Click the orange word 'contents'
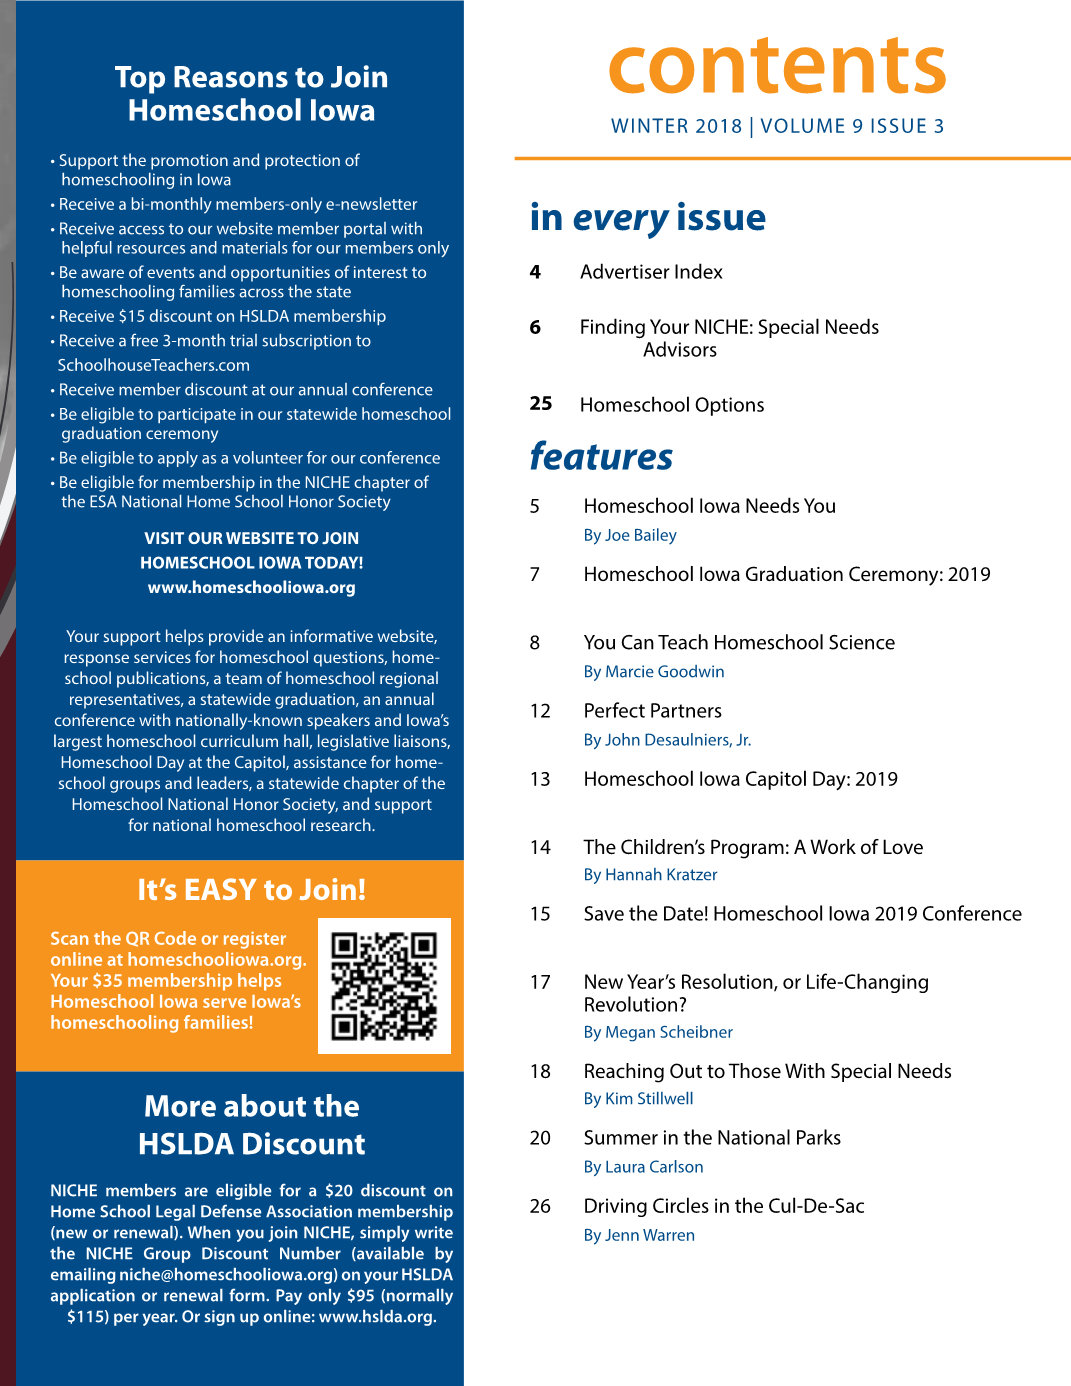click(777, 66)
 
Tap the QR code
click(384, 986)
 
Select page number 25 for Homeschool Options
click(541, 404)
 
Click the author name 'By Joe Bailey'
click(630, 535)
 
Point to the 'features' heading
click(601, 456)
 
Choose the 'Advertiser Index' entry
click(651, 272)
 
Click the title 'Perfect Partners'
click(652, 711)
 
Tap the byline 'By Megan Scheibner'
click(658, 1032)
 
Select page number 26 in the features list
click(540, 1206)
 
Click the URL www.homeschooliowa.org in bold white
click(251, 588)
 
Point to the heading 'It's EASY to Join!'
click(251, 889)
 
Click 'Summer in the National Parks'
click(712, 1138)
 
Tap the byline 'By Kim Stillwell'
click(638, 1099)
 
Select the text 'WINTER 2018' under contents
click(677, 127)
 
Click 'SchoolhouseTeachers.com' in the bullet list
click(153, 365)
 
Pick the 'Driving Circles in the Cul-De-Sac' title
click(724, 1206)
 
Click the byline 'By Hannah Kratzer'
click(650, 875)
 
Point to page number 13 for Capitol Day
click(540, 779)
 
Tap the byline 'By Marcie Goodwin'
click(654, 672)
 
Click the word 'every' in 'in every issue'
click(620, 218)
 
